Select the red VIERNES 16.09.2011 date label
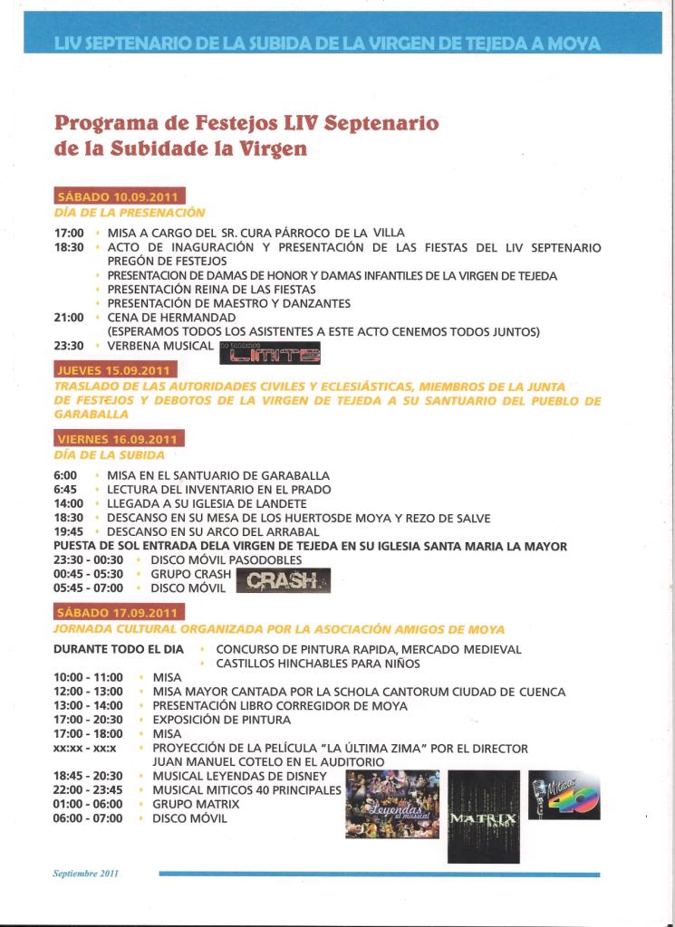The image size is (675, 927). pyautogui.click(x=120, y=439)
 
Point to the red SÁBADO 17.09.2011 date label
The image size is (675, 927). pyautogui.click(x=119, y=612)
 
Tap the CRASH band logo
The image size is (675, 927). pyautogui.click(x=283, y=580)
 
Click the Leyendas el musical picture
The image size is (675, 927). pyautogui.click(x=391, y=804)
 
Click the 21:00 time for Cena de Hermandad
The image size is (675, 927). pyautogui.click(x=69, y=318)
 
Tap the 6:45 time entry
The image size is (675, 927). pyautogui.click(x=65, y=490)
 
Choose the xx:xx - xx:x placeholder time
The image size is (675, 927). pyautogui.click(x=84, y=749)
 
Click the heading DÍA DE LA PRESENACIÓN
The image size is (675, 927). pyautogui.click(x=130, y=213)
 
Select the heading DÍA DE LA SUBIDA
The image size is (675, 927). pyautogui.click(x=110, y=455)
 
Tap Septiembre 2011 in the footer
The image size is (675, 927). pyautogui.click(x=85, y=874)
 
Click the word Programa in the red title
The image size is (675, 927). pyautogui.click(x=106, y=122)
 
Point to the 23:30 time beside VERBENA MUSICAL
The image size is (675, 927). pyautogui.click(x=69, y=346)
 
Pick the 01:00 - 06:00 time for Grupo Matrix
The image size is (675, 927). pyautogui.click(x=87, y=804)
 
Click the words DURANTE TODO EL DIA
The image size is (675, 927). pyautogui.click(x=118, y=649)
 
